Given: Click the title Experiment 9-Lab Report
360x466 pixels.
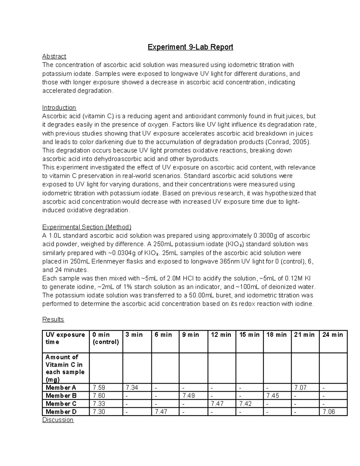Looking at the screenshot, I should pyautogui.click(x=190, y=47).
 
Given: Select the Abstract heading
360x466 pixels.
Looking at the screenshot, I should pyautogui.click(x=54, y=56).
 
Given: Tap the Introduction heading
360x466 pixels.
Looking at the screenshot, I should pyautogui.click(x=59, y=107).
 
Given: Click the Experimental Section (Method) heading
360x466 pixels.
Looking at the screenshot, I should pyautogui.click(x=87, y=227).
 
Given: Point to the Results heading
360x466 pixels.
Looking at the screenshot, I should pyautogui.click(x=53, y=319).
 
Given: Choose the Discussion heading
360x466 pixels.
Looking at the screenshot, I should pyautogui.click(x=58, y=420).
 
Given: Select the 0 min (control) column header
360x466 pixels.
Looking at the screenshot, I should pyautogui.click(x=106, y=338).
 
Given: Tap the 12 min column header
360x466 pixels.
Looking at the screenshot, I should pyautogui.click(x=221, y=335).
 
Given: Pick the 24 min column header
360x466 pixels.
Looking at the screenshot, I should pyautogui.click(x=332, y=335).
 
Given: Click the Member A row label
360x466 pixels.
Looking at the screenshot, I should pyautogui.click(x=61, y=388).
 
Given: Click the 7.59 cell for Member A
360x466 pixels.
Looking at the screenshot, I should pyautogui.click(x=99, y=388).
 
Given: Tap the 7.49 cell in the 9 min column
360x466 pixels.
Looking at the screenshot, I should pyautogui.click(x=188, y=396).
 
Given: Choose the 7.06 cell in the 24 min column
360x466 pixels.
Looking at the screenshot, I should pyautogui.click(x=328, y=412).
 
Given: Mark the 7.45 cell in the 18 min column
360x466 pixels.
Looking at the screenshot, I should pyautogui.click(x=273, y=396).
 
